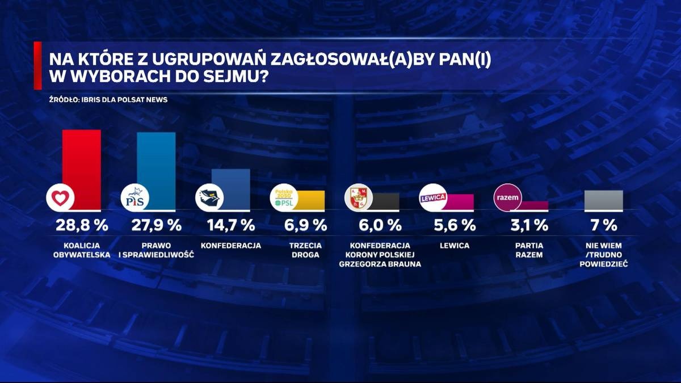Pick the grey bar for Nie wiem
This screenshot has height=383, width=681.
(604, 200)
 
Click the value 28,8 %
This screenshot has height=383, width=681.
(82, 225)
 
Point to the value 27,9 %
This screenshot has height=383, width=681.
(157, 225)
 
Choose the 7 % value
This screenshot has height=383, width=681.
(604, 225)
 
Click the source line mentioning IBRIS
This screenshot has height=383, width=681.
(108, 99)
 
